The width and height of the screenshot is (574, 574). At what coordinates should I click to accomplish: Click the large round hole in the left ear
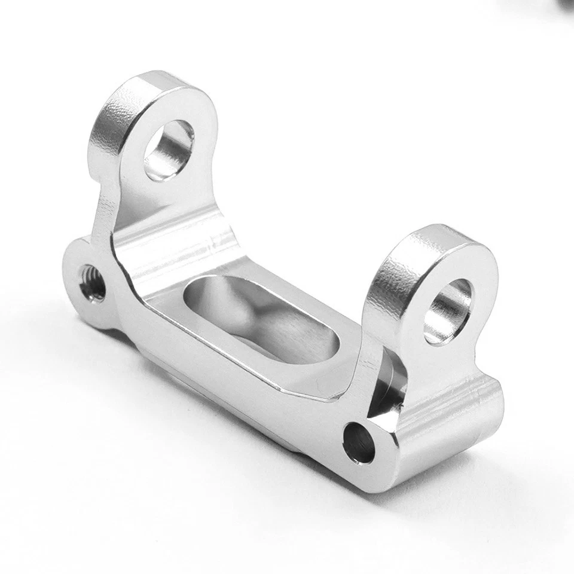click(169, 149)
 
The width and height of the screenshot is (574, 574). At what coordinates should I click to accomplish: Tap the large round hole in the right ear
click(447, 311)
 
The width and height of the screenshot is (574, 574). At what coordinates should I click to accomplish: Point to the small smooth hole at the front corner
click(359, 442)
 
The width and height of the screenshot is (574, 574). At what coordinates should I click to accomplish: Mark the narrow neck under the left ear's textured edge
click(103, 203)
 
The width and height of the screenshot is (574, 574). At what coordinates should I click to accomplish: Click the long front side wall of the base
click(239, 395)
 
